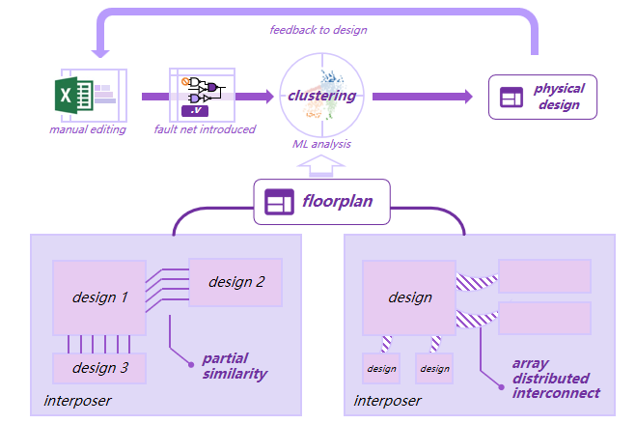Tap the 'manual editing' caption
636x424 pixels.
[x=88, y=129]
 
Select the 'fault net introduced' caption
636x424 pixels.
[x=205, y=129]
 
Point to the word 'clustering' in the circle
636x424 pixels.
[x=321, y=96]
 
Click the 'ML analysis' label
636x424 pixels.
[x=321, y=144]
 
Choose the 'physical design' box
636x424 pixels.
[x=543, y=97]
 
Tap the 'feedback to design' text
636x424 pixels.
[x=318, y=30]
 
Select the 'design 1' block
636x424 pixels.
[x=99, y=297]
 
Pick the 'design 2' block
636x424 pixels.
[x=235, y=282]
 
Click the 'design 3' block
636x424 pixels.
[x=99, y=367]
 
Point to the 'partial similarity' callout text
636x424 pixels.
[x=235, y=366]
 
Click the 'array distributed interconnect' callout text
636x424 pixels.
[x=555, y=379]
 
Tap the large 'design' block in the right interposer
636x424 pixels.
[x=409, y=297]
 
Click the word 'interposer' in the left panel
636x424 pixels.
[x=78, y=401]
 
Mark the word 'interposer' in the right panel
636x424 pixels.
[x=388, y=401]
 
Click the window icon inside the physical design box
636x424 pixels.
[x=511, y=97]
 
